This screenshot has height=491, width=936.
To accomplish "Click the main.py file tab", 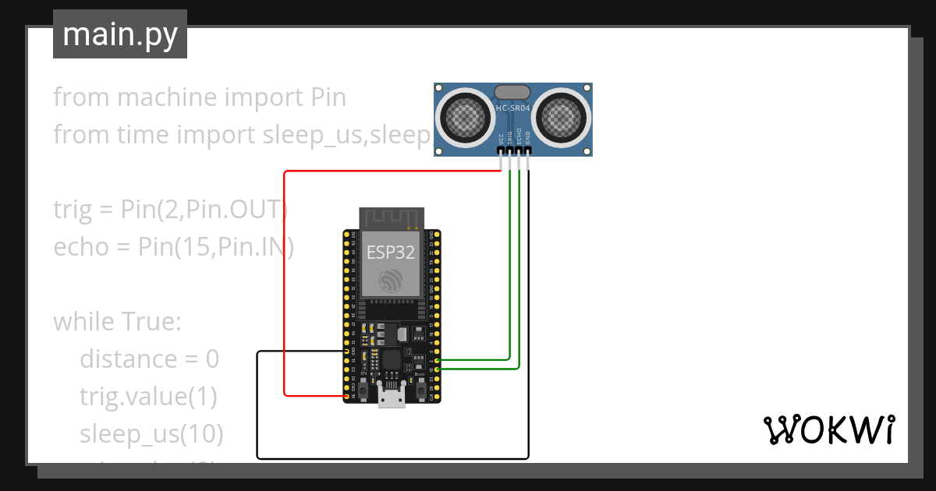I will coord(119,34).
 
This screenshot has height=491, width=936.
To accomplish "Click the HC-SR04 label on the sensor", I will coord(512,108).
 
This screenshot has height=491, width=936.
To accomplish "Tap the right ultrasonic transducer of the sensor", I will coord(558,118).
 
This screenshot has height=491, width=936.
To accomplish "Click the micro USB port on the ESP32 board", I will coord(391,397).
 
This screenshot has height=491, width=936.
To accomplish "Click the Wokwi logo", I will coord(828,429).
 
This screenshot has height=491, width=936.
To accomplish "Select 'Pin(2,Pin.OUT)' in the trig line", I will coord(204,210).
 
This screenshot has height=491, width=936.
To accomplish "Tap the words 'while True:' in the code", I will coord(117,321).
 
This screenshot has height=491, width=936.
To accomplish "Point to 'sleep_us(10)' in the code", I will coord(151,433).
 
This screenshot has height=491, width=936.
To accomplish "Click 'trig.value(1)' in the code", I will coord(147,396).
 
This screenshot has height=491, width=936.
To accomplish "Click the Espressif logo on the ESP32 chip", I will coord(391,281).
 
